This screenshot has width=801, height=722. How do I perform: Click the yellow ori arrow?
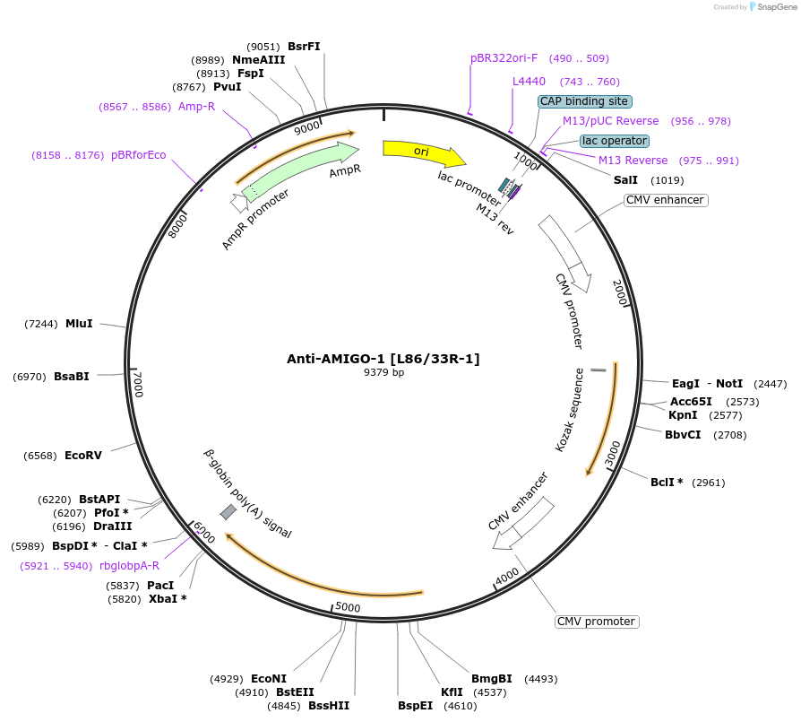(x=423, y=152)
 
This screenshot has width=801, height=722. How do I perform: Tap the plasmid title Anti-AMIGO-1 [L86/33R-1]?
(x=383, y=359)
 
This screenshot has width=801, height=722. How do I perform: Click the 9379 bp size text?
(x=383, y=372)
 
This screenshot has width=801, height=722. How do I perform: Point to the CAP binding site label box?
(x=584, y=101)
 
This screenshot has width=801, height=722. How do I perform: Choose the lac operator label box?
(x=614, y=141)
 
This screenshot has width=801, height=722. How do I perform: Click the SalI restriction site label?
(x=625, y=180)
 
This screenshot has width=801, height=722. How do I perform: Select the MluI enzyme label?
(x=79, y=324)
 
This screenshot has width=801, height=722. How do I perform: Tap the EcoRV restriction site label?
(x=83, y=456)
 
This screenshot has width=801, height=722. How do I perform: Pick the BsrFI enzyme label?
(x=304, y=47)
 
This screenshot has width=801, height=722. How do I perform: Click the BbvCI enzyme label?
(x=683, y=435)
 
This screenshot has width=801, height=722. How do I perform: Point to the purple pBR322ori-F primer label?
(x=504, y=58)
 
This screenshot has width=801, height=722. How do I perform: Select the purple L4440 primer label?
(x=529, y=82)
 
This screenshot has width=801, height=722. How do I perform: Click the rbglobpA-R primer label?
(x=130, y=566)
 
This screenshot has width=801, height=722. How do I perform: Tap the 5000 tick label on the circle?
(x=347, y=608)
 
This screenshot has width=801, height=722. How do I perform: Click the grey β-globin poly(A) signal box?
(x=228, y=511)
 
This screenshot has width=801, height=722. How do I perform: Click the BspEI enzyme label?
(x=416, y=705)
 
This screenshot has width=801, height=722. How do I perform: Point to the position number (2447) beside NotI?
(x=770, y=384)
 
